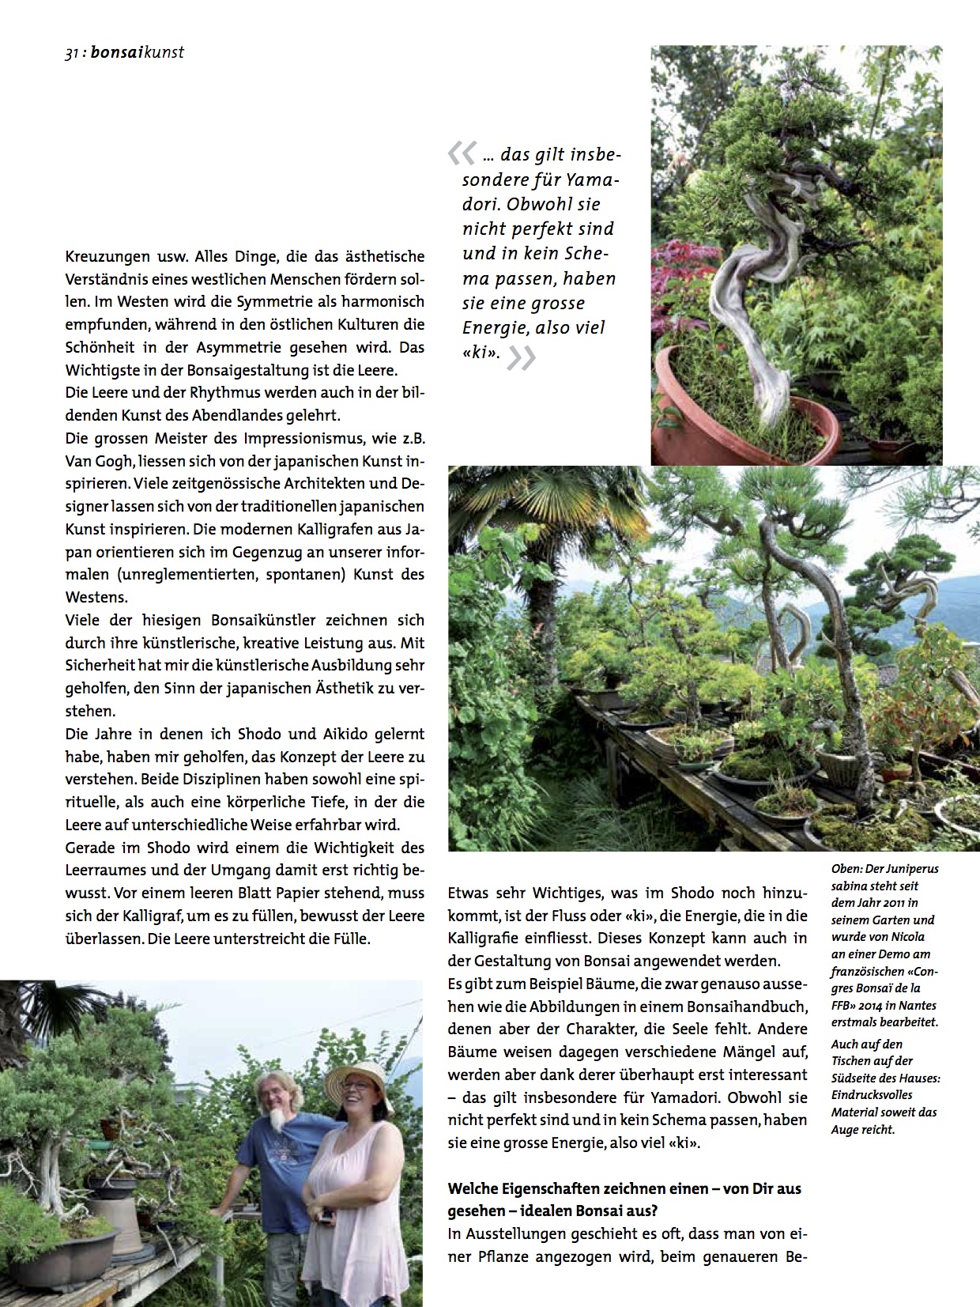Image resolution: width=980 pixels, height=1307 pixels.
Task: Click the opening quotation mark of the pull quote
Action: [462, 153]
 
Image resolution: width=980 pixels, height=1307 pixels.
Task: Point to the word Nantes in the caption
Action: [919, 1005]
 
